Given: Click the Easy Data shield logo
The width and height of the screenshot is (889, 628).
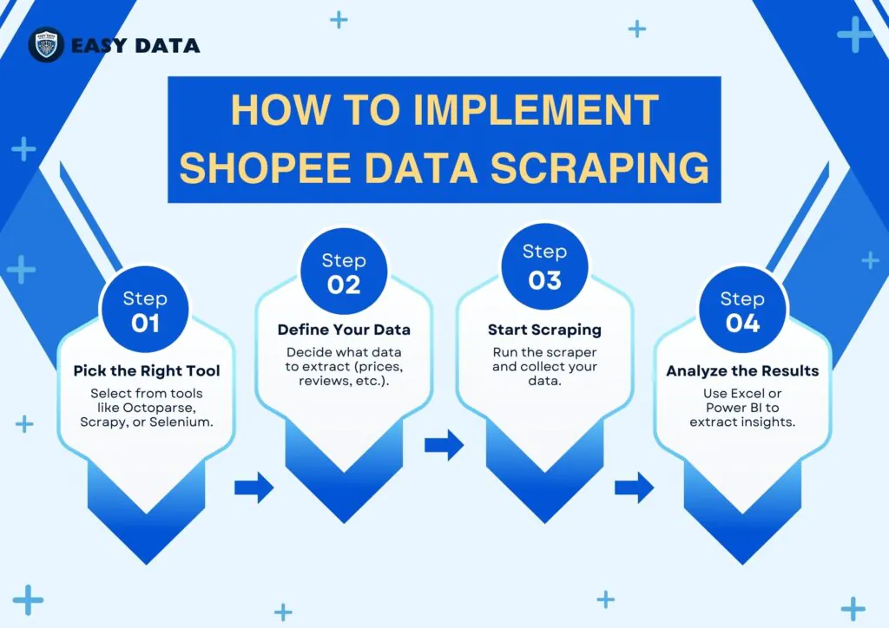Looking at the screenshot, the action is tap(46, 45).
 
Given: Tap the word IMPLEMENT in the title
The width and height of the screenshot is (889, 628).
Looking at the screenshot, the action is tap(536, 110).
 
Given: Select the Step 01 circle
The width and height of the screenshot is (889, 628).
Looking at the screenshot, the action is tap(145, 311).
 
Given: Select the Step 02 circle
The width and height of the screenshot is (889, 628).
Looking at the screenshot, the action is tap(344, 271).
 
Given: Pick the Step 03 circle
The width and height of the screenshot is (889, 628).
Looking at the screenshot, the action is tap(545, 267).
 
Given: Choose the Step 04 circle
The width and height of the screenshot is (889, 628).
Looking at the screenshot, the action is tap(743, 311).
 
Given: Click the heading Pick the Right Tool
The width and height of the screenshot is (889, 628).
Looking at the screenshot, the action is tap(147, 371).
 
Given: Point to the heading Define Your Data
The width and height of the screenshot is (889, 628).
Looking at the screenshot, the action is tap(344, 330).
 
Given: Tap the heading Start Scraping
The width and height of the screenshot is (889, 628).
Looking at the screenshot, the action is tap(545, 330).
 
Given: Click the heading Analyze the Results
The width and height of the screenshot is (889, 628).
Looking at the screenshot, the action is tap(743, 371).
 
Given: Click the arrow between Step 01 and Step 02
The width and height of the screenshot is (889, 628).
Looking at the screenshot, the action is tap(254, 487).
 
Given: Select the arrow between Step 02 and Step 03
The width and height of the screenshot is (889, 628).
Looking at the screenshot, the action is tap(444, 444).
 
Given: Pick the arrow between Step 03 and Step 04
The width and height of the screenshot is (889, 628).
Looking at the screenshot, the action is tap(635, 487).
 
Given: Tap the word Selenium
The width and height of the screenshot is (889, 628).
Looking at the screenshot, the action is tap(181, 422).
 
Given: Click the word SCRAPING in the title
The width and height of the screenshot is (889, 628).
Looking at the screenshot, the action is tap(600, 167).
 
